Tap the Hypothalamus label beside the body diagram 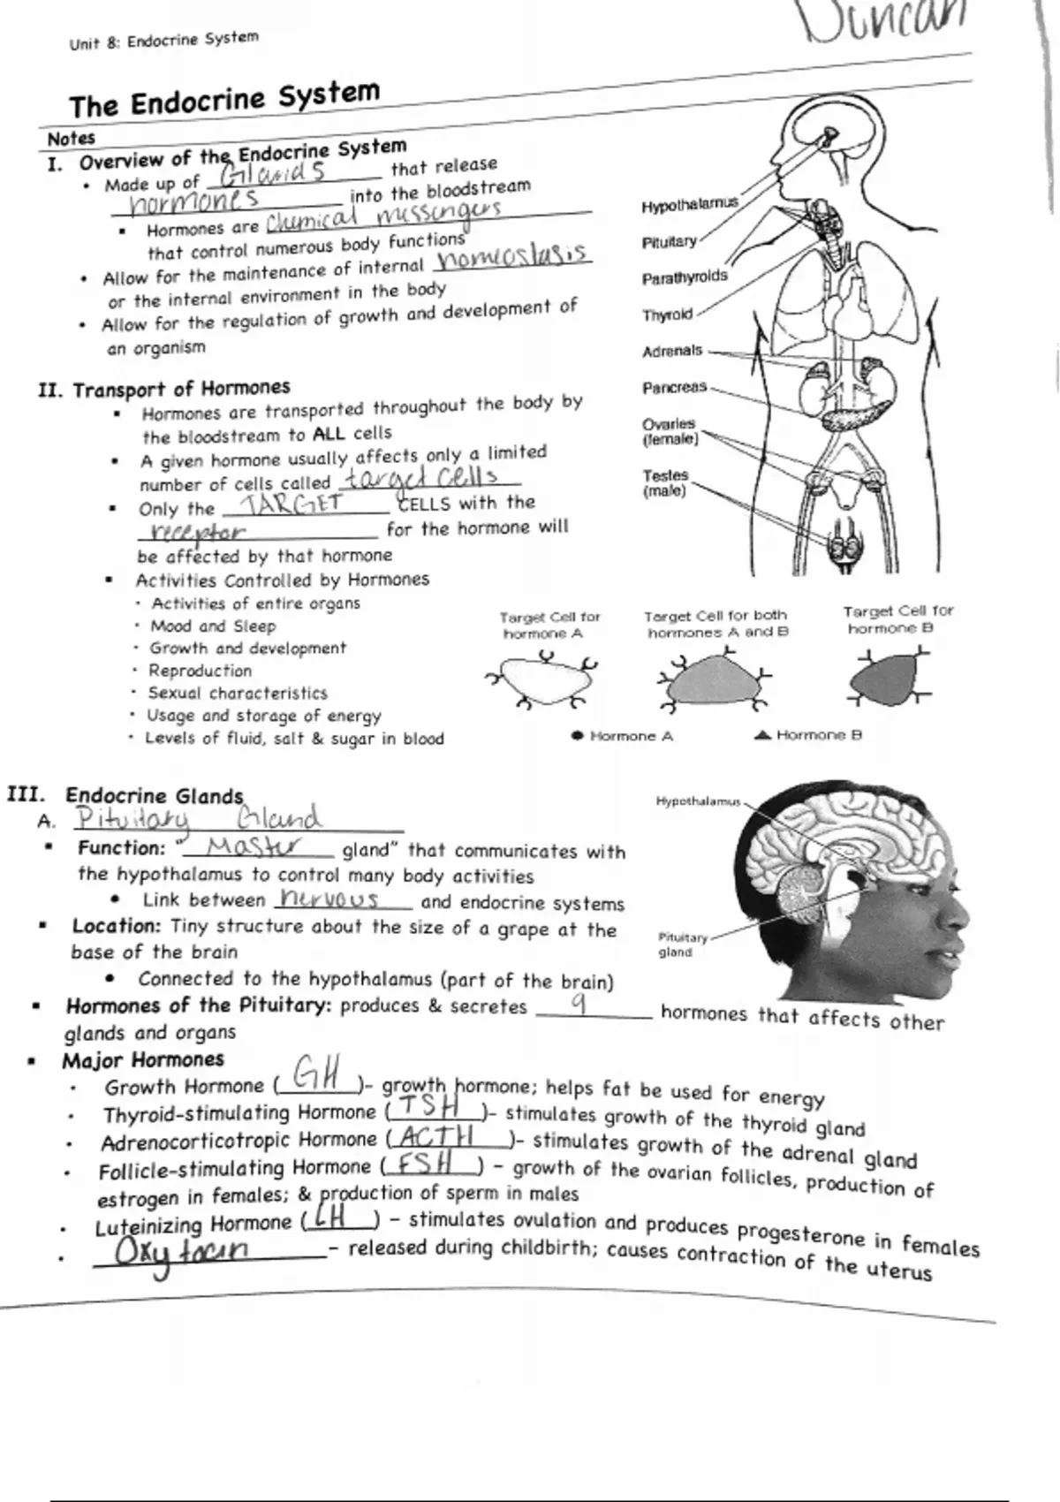coord(689,206)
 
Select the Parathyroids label coord(685,278)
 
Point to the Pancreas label coord(675,388)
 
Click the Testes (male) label coord(665,482)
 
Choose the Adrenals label coord(672,352)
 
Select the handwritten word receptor coord(198,532)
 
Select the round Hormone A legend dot coord(578,735)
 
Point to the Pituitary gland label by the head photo coord(682,944)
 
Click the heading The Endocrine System coord(224,98)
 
